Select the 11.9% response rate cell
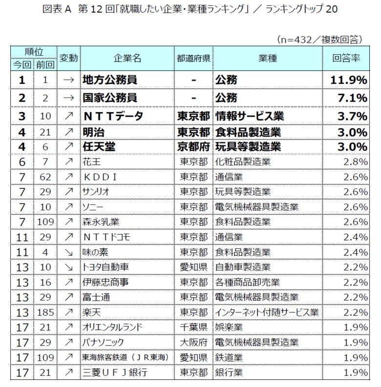pos(347,80)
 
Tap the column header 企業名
pos(127,58)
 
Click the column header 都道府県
pos(193,58)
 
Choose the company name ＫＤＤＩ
pos(100,176)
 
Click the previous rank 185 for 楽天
pos(45,312)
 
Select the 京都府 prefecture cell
pos(193,146)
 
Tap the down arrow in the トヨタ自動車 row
pos(69,267)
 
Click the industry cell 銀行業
pos(231,372)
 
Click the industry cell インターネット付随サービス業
pos(267,312)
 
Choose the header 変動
pos(68,58)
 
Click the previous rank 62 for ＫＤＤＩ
pos(45,176)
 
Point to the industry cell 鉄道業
pos(231,357)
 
